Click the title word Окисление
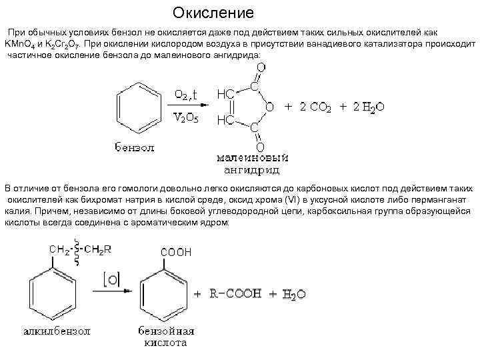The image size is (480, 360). (x=213, y=13)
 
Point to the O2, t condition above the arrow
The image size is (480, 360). (x=190, y=94)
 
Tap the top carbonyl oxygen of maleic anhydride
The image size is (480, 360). (x=260, y=68)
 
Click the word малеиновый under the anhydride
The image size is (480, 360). (x=252, y=158)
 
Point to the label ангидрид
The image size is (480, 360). (x=252, y=169)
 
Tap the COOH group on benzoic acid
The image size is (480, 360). (x=176, y=253)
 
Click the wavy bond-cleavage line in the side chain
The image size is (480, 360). (x=78, y=253)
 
